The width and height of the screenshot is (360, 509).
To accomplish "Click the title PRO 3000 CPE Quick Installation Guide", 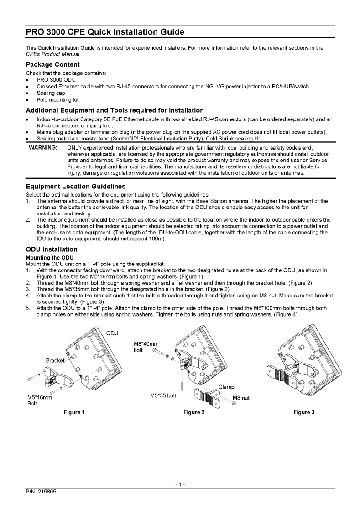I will click(x=105, y=32).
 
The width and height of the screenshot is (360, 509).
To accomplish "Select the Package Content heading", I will click(x=52, y=64).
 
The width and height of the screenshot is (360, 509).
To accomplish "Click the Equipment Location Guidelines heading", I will click(x=75, y=187).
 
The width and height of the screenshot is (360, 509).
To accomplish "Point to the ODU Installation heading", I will click(x=52, y=249).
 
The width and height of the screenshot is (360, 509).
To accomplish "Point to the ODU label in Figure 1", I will click(x=112, y=332).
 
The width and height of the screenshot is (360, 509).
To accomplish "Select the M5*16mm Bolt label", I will click(x=40, y=400).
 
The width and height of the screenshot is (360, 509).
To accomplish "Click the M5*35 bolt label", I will click(x=163, y=395).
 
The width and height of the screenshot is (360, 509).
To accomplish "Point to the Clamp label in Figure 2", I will click(x=227, y=387).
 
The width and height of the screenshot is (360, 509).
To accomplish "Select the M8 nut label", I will click(x=241, y=398).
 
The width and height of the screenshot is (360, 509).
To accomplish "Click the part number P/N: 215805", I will click(x=40, y=492).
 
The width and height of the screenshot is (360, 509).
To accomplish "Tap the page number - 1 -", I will click(x=180, y=484).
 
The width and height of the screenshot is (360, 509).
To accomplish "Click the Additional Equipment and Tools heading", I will click(x=115, y=110).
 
